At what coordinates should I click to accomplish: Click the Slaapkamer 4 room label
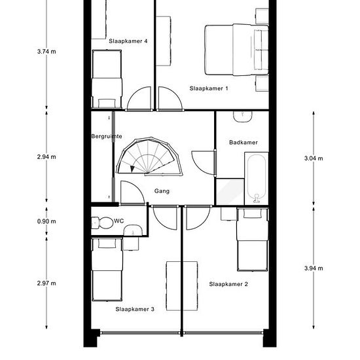tap(128, 41)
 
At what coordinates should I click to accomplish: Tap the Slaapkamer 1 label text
tap(209, 88)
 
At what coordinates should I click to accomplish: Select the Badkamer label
tap(243, 143)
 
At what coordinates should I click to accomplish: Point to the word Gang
tap(162, 191)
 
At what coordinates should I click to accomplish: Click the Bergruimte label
tap(107, 136)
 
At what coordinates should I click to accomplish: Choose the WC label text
tap(118, 221)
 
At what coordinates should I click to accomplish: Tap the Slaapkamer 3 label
tap(135, 309)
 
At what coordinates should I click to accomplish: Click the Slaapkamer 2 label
tap(228, 284)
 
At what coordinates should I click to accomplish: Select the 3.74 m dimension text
tap(46, 52)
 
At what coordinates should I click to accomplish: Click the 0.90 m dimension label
tap(46, 221)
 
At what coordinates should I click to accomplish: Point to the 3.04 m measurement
tap(314, 158)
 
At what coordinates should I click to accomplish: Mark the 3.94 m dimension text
tap(314, 268)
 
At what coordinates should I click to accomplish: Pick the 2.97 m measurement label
tap(46, 283)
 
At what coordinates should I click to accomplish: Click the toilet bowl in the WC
tap(103, 223)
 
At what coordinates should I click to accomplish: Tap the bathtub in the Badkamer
tap(257, 179)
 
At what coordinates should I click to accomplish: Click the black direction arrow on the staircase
tap(132, 169)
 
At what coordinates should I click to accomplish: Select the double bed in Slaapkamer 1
tap(236, 50)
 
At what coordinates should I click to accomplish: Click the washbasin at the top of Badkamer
tap(243, 117)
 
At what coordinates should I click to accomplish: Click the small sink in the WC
tap(133, 230)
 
